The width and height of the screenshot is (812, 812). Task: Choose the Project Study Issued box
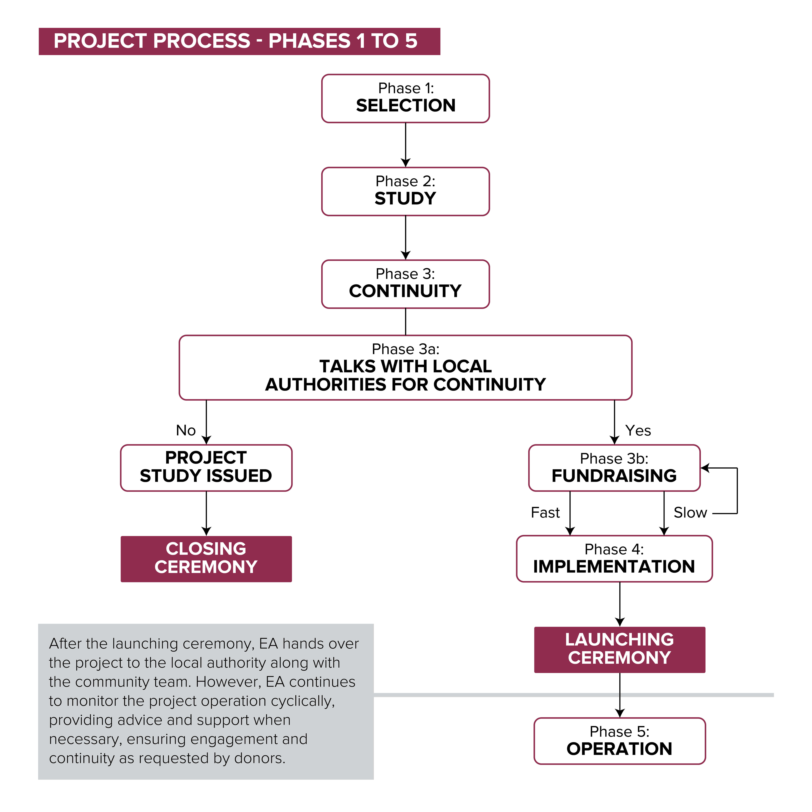206,468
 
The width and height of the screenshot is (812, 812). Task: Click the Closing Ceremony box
206,559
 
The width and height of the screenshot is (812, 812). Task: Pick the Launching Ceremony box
620,650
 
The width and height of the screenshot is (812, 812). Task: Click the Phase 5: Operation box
620,741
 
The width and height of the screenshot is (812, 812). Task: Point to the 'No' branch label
186,430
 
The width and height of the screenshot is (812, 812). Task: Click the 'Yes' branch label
638,430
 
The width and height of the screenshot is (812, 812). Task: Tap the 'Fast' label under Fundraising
545,512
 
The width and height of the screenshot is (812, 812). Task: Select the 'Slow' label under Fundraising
690,512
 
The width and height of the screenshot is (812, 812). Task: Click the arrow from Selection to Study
406,145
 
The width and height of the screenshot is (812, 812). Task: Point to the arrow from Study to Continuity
406,238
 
